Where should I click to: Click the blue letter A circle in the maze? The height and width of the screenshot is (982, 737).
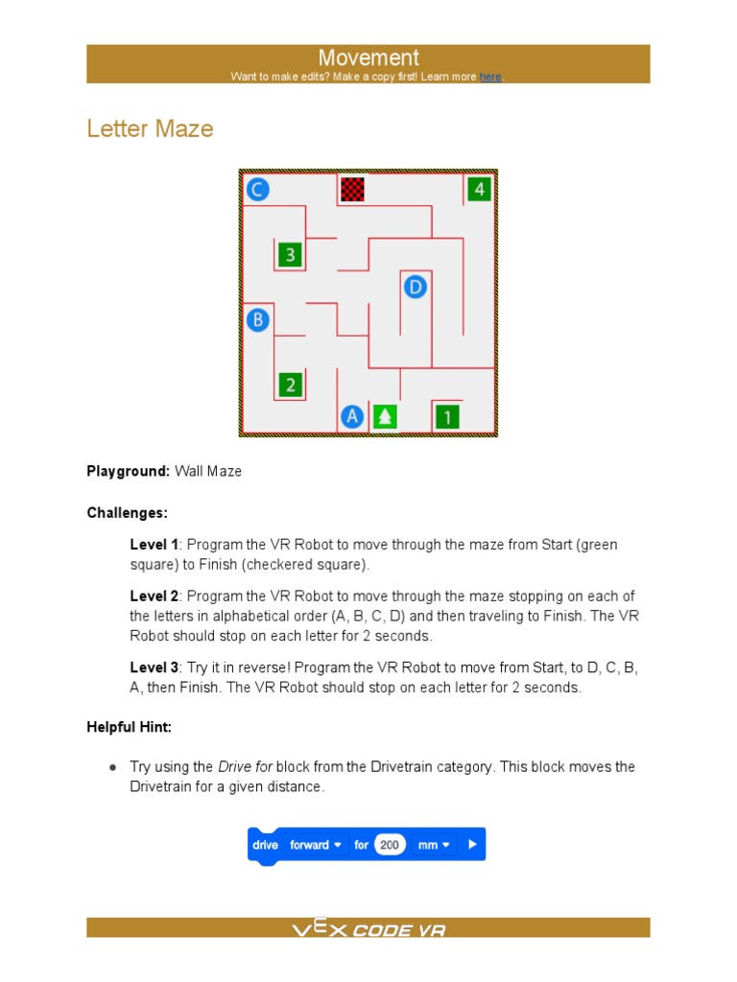coord(352,416)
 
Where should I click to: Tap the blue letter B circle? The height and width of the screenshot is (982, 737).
coord(257,319)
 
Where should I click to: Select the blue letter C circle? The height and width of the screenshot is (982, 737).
coord(256,189)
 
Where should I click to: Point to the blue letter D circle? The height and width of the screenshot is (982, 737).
coord(415,286)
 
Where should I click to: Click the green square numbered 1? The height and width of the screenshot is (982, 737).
coord(447,416)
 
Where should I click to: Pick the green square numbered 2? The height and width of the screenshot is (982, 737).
coord(290,385)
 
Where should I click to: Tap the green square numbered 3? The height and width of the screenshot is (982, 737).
coord(290,255)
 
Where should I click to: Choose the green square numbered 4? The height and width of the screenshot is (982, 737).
coord(479,189)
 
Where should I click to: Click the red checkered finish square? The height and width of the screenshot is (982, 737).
coord(353,189)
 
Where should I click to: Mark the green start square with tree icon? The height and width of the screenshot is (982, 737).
coord(385,416)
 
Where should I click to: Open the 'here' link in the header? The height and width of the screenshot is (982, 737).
coord(490,77)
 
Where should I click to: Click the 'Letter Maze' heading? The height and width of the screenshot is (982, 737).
coord(150,129)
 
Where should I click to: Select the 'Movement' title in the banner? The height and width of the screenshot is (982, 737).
coord(368,58)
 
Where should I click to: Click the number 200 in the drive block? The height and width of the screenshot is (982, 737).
coord(389,845)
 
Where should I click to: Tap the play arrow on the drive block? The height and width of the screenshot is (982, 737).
coord(472,845)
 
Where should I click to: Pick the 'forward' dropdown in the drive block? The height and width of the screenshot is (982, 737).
coord(316,845)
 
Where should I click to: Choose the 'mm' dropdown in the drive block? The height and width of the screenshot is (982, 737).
coord(434,845)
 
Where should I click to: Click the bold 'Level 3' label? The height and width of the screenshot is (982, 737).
coord(155,667)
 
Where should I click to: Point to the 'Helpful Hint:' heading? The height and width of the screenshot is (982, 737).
coord(130,727)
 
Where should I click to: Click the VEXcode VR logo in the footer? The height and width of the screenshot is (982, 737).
coord(368,928)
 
